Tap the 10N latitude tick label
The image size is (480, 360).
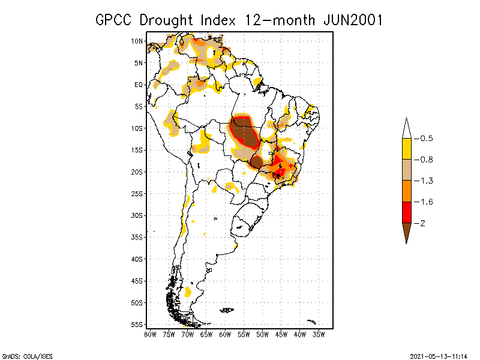(x=137, y=41)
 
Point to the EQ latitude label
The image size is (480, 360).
(x=138, y=85)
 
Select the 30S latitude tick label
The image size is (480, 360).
(x=137, y=215)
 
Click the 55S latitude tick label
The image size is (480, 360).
(x=137, y=324)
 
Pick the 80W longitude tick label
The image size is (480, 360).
(x=150, y=334)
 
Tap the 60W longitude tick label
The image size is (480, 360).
(x=225, y=334)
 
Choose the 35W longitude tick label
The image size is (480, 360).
(x=319, y=334)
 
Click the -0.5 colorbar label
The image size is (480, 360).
(x=425, y=139)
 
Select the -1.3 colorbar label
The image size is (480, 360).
(x=425, y=181)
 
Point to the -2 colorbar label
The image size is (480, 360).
(x=422, y=223)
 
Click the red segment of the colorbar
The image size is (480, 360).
(x=407, y=212)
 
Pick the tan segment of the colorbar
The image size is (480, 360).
(x=407, y=170)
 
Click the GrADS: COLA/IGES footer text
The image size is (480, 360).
(x=21, y=355)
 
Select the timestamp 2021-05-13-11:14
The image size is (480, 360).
(x=439, y=355)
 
